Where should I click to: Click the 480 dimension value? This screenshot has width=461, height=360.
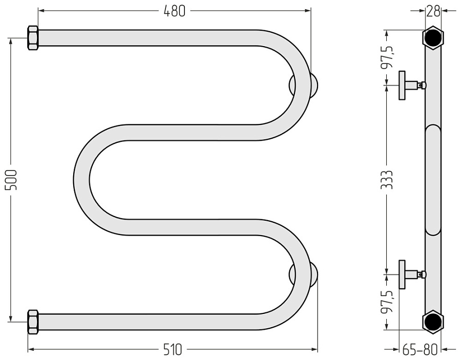(175, 11)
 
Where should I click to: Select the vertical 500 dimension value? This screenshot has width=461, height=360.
(12, 180)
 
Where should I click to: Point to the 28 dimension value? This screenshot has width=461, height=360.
(433, 11)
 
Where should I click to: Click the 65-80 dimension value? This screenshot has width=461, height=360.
(420, 350)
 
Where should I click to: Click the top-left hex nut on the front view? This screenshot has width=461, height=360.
(33, 38)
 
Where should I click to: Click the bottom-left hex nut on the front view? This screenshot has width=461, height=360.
(33, 322)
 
